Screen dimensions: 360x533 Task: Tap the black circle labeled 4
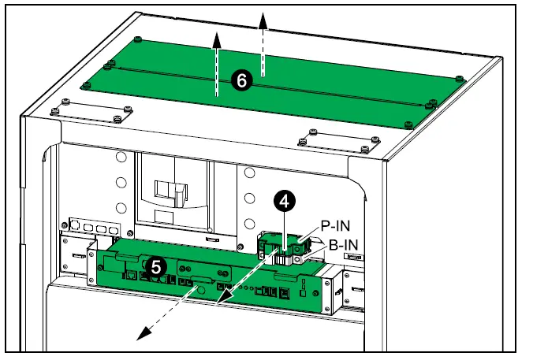(285, 200)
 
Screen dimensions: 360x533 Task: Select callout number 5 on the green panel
(157, 267)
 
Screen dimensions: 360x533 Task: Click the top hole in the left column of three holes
(121, 158)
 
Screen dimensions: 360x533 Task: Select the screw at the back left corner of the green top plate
(139, 39)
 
